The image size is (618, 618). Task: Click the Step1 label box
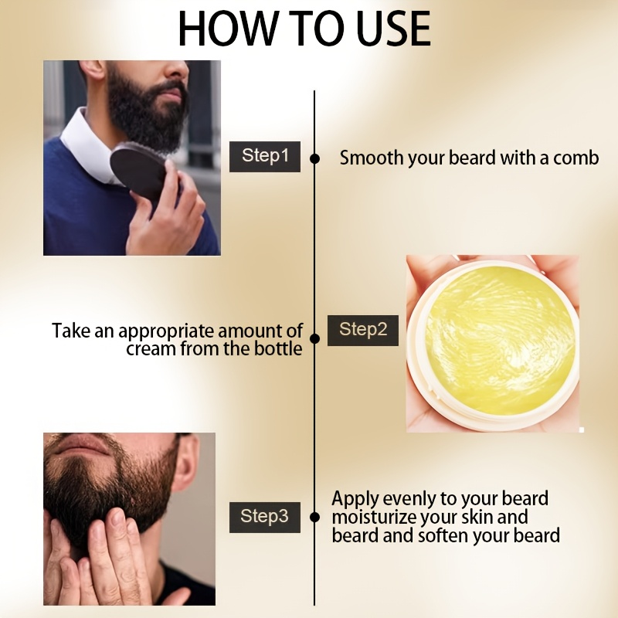pyautogui.click(x=265, y=157)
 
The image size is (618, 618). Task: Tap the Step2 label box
pyautogui.click(x=363, y=331)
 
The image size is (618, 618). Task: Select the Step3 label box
pyautogui.click(x=265, y=517)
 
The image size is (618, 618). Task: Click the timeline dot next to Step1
pyautogui.click(x=314, y=158)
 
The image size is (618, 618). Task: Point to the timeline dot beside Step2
pyautogui.click(x=314, y=338)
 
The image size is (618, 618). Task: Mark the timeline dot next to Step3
pyautogui.click(x=314, y=517)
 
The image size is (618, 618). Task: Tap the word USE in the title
pyautogui.click(x=393, y=29)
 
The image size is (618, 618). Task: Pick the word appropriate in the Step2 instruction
pyautogui.click(x=166, y=332)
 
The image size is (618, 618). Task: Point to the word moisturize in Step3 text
pyautogui.click(x=372, y=517)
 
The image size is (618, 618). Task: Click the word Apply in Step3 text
pyautogui.click(x=355, y=499)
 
